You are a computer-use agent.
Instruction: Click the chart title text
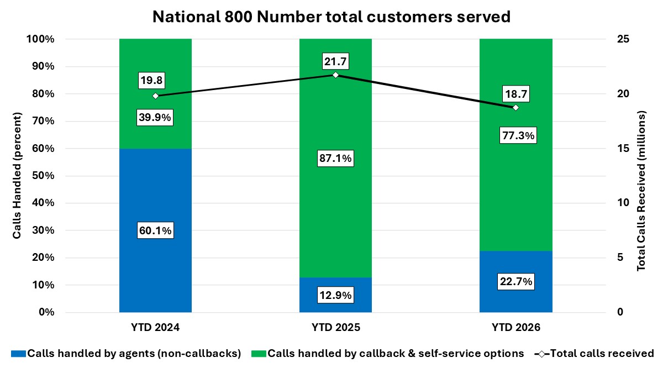tap(331, 17)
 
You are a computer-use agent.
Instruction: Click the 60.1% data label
tap(155, 230)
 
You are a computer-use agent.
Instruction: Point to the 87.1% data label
tap(335, 159)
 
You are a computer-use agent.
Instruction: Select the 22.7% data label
tap(515, 282)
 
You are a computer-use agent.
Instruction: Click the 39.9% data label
tap(155, 118)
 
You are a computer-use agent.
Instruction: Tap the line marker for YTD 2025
tap(335, 75)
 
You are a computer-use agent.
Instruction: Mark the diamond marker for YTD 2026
tap(515, 107)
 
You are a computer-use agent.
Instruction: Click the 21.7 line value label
tap(335, 61)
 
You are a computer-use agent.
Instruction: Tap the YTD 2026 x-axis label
tap(515, 328)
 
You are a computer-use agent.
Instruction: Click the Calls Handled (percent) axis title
tap(17, 176)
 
